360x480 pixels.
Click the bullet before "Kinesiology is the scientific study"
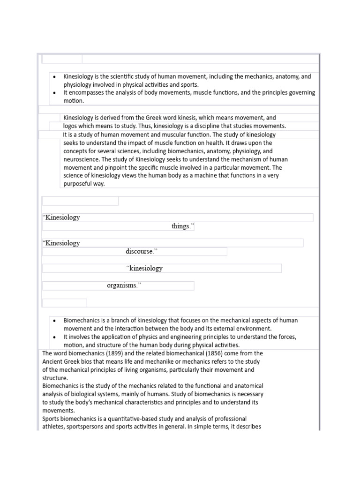click(x=55, y=76)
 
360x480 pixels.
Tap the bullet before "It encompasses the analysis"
click(x=55, y=93)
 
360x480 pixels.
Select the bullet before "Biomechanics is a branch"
click(x=55, y=321)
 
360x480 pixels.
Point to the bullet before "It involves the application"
click(x=55, y=337)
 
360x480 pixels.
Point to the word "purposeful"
click(x=78, y=184)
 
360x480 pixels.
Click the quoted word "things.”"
click(x=182, y=226)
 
